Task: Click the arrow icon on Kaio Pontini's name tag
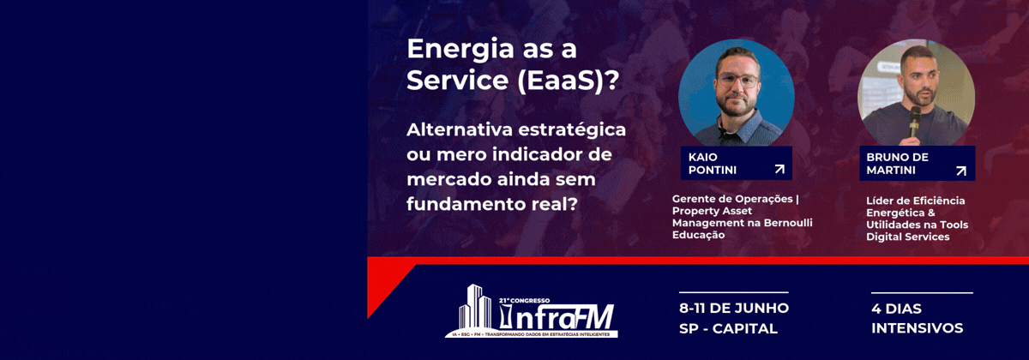pos(779,170)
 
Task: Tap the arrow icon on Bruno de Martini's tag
pos(960,171)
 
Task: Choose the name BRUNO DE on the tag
pos(898,157)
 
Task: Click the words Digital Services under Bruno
pos(907,237)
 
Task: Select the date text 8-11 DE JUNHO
pos(733,308)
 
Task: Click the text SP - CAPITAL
pos(727,328)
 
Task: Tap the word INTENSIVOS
pos(917,328)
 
